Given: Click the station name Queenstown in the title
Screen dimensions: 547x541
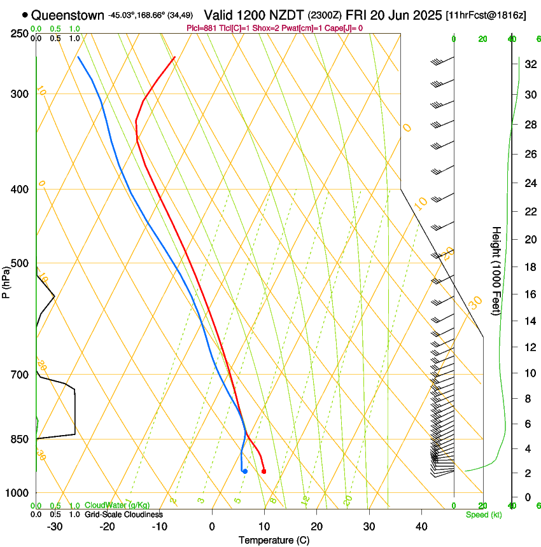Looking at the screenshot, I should pos(67,15).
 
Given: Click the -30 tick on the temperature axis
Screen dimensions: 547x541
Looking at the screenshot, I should pos(55,527).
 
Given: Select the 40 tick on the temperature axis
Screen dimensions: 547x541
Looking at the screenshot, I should pos(421,527).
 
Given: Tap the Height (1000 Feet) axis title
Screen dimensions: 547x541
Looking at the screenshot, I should pos(496,270).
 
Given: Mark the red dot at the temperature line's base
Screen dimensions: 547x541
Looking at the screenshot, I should pos(263,471).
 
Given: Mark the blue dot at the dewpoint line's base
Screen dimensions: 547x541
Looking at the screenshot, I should pos(244,471).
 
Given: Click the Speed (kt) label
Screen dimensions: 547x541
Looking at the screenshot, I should pos(483,515).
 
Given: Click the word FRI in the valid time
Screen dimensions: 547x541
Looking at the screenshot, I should pos(358,15).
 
